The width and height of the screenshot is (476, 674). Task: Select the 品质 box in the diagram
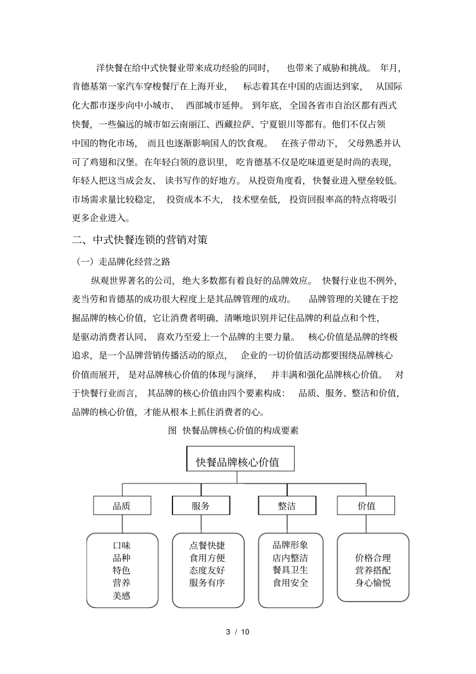122,506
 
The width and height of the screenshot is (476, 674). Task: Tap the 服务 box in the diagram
201,506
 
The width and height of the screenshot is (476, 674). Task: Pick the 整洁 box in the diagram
287,506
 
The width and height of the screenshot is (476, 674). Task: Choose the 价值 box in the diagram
366,506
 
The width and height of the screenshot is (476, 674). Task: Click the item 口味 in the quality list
122,545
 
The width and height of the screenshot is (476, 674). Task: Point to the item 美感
122,595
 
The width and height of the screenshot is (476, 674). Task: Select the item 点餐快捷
207,545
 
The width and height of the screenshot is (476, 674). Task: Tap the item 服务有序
207,583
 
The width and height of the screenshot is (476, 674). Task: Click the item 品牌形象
290,545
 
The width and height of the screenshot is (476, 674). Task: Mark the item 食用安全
290,583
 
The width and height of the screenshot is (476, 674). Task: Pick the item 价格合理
373,558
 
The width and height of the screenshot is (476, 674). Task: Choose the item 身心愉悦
373,583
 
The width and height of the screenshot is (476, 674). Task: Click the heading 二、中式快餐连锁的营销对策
140,240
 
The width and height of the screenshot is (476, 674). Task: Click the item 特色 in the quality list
122,570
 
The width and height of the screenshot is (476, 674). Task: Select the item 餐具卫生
290,570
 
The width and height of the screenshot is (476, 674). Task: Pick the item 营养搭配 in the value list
373,570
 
